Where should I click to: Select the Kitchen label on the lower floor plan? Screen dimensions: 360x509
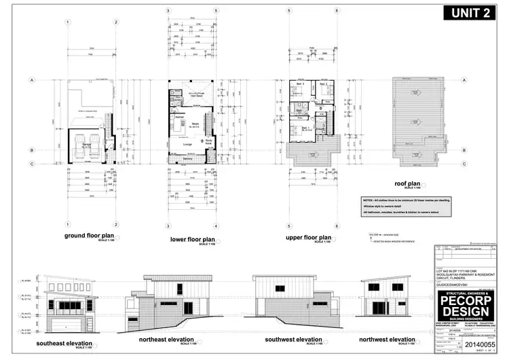click(x=181, y=118)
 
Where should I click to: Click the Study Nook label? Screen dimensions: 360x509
click(x=208, y=143)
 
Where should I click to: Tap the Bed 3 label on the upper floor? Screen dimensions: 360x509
click(x=297, y=84)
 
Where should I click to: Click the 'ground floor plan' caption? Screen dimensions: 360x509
click(x=90, y=236)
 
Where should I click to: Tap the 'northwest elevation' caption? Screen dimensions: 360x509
click(x=388, y=339)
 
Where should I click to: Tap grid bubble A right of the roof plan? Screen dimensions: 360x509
click(x=464, y=80)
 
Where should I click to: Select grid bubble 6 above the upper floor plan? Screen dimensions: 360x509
click(x=337, y=12)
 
